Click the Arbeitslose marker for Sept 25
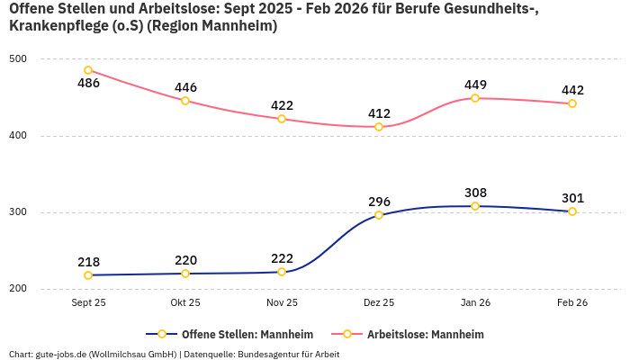point(88,70)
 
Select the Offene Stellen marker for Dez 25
point(379,215)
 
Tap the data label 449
point(475,85)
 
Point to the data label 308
point(475,193)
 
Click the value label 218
point(88,262)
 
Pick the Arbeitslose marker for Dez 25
point(379,127)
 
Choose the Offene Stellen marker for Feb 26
point(572,211)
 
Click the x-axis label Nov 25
point(282,303)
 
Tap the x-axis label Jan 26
point(475,303)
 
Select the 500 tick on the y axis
point(18,59)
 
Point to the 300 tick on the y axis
point(18,212)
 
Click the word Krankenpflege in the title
point(52,26)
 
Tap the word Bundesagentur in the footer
point(266,354)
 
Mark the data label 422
point(282,105)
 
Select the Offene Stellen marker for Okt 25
point(185,274)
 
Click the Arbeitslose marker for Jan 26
point(475,98)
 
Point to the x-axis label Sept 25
point(88,303)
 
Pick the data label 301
point(572,198)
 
